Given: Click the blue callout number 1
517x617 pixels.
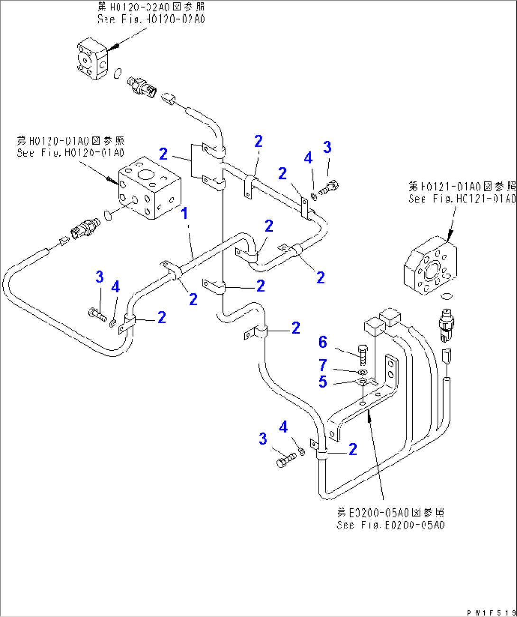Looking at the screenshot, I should coord(185,214).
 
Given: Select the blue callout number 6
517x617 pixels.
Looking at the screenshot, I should coord(323,342).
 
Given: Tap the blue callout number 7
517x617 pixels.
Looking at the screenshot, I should coord(323,365).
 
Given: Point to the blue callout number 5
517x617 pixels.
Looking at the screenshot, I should coord(323,382).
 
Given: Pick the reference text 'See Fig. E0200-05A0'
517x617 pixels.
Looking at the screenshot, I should coord(391,525).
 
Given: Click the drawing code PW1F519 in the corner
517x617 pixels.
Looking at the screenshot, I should coord(490,613).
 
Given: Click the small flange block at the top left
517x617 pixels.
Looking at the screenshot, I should coord(92,59).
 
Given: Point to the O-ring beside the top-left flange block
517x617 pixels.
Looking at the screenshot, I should coord(118,73).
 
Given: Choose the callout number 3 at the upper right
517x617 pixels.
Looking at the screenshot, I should coord(327,147).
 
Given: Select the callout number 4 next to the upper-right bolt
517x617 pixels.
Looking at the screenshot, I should coord(308,158).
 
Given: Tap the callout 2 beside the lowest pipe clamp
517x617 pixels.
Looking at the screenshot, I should coord(353,449).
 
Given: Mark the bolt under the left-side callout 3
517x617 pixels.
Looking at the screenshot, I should coord(98,314).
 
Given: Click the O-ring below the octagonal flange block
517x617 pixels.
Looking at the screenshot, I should coord(446,297).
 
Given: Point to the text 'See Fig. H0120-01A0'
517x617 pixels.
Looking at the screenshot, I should coord(71,153).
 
